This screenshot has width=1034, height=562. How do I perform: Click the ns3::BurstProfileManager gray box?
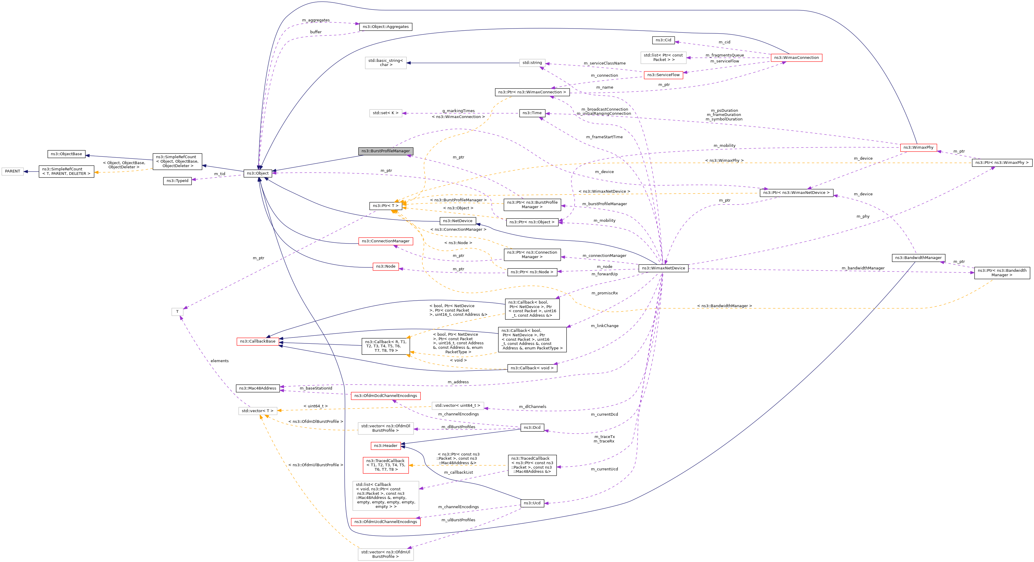385,151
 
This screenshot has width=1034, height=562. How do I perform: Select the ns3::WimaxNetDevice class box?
663,268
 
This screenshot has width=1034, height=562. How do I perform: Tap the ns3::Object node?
258,173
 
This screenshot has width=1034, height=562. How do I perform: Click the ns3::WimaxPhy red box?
918,147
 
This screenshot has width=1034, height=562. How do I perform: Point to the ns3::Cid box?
663,40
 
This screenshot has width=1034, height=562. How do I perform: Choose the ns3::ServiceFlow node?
663,75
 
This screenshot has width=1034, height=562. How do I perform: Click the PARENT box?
12,171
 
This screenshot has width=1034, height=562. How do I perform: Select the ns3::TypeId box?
177,181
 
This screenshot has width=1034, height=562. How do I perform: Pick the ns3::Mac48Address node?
258,388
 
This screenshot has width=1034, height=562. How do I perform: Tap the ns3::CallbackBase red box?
258,341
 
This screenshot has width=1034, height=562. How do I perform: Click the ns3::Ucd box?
532,503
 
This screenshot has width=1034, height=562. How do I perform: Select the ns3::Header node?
385,445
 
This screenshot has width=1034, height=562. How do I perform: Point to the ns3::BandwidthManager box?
918,258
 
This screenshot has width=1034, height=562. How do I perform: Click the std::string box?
532,63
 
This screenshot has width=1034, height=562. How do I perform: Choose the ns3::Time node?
532,113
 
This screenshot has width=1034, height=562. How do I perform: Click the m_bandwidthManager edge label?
866,268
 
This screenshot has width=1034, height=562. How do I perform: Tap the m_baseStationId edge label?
316,388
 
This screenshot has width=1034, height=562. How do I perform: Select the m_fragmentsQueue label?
724,55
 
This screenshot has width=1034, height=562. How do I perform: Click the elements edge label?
220,361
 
